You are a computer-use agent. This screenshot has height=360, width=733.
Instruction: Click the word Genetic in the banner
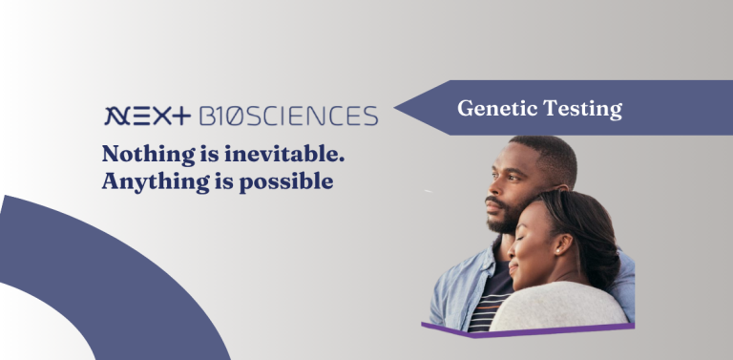click(x=497, y=109)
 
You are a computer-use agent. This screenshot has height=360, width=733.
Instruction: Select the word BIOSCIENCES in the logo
click(x=288, y=116)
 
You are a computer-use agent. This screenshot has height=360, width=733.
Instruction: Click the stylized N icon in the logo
click(x=116, y=116)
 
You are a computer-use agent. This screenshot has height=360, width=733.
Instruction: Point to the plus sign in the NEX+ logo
click(x=180, y=116)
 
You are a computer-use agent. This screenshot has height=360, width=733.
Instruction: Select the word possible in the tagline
click(x=286, y=182)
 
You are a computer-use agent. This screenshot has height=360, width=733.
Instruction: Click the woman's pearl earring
click(x=557, y=251)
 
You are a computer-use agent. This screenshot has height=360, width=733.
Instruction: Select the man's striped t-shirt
click(x=489, y=299)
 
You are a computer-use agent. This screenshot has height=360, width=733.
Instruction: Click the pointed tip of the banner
click(x=395, y=108)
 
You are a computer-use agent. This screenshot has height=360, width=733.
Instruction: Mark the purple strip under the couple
click(x=528, y=330)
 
